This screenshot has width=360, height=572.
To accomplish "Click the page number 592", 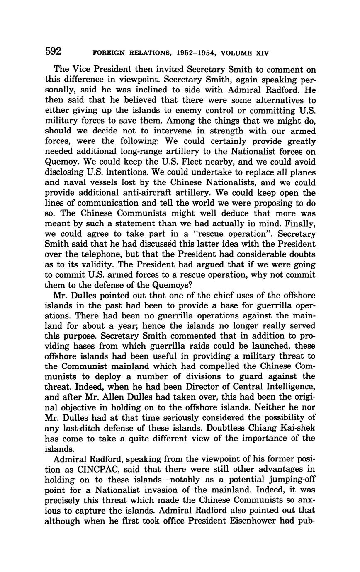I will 54,51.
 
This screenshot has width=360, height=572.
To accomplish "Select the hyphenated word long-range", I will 128,152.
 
